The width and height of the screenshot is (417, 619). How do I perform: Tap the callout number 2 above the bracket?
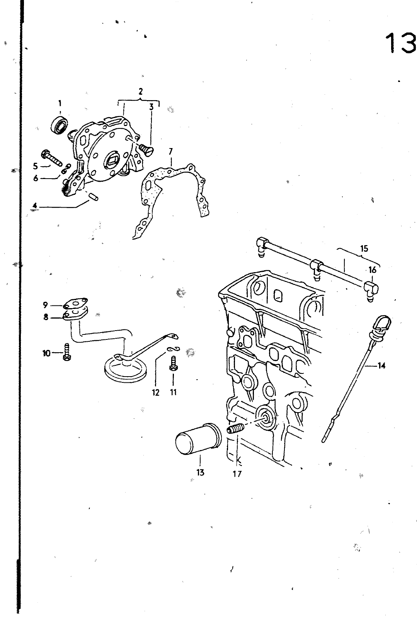[x=141, y=92]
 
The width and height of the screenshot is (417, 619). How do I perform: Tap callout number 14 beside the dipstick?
[x=381, y=365]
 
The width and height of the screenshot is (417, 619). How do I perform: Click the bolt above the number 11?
[x=173, y=364]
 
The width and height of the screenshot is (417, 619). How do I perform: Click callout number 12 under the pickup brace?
[x=156, y=392]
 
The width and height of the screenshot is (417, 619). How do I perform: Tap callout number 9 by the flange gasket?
[x=46, y=305]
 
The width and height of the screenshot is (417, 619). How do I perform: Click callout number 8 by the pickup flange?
[x=46, y=317]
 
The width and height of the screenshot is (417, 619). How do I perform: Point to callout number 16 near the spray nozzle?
[x=372, y=270]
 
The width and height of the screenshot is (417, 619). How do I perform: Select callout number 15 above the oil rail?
[x=364, y=249]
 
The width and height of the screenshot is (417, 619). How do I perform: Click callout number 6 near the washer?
[x=36, y=179]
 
